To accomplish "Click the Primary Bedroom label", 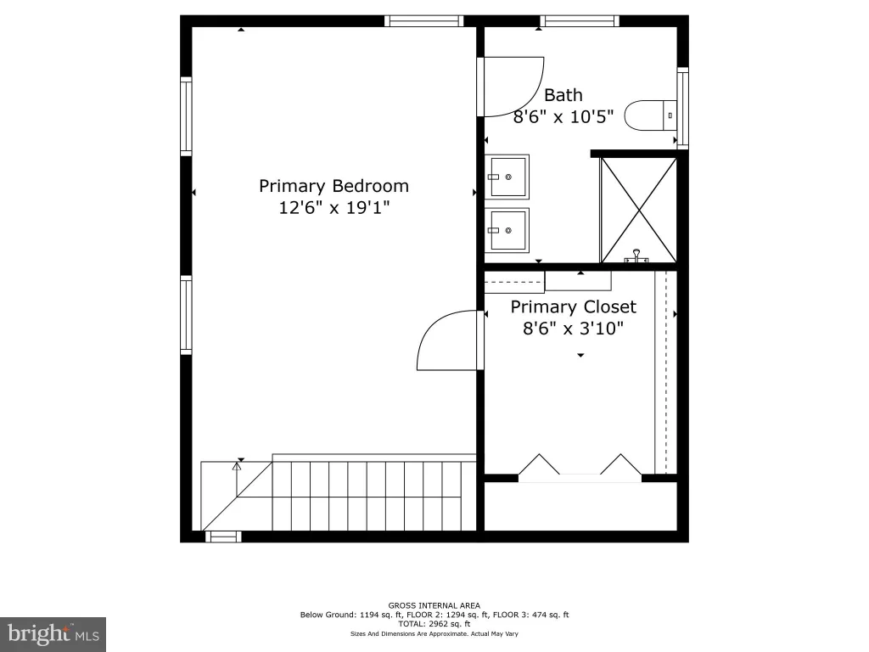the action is click(334, 186).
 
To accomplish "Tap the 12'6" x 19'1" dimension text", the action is click(334, 208).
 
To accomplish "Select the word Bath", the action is click(563, 95).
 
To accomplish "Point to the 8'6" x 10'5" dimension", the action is click(563, 117).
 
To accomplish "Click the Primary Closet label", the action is click(573, 307).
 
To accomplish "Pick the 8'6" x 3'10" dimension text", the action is click(573, 329).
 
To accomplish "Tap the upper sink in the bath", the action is click(507, 177).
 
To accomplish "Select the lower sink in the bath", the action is click(507, 230).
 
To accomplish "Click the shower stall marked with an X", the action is click(638, 211).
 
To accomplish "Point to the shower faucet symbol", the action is click(636, 256).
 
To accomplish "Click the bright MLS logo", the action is click(53, 634).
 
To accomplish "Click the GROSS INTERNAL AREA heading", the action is click(434, 605).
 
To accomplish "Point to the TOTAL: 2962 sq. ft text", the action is click(434, 624).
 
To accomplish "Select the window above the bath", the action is click(580, 21).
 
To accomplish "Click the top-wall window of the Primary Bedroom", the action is click(424, 21).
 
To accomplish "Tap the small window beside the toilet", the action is click(683, 108).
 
